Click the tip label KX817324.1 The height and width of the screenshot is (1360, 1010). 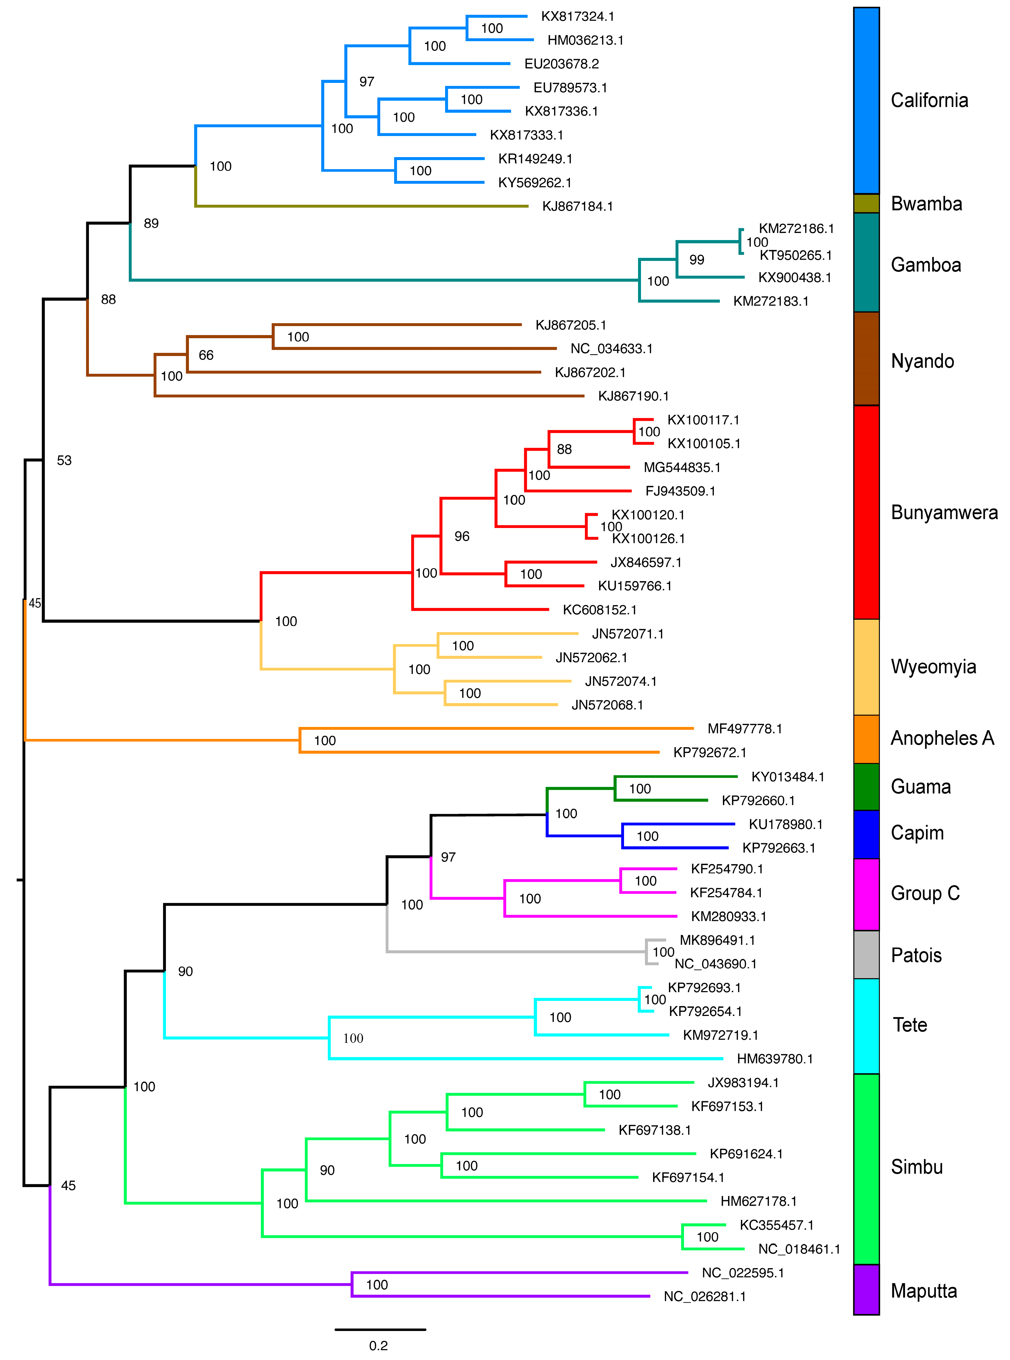[577, 16]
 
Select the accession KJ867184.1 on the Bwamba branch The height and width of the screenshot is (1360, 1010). [577, 207]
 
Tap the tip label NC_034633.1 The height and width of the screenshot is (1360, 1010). [611, 349]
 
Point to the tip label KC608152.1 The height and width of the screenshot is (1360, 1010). [599, 610]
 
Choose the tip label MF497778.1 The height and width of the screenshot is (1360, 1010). [744, 729]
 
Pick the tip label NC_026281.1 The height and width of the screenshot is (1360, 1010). [704, 1297]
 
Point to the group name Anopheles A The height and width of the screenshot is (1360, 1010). [942, 738]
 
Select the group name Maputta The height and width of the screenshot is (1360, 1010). [923, 1291]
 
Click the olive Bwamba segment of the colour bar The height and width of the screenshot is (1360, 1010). [866, 204]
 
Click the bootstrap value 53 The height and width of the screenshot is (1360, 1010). [64, 461]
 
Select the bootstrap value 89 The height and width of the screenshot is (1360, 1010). [151, 224]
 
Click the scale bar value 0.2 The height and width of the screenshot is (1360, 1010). [379, 1345]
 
